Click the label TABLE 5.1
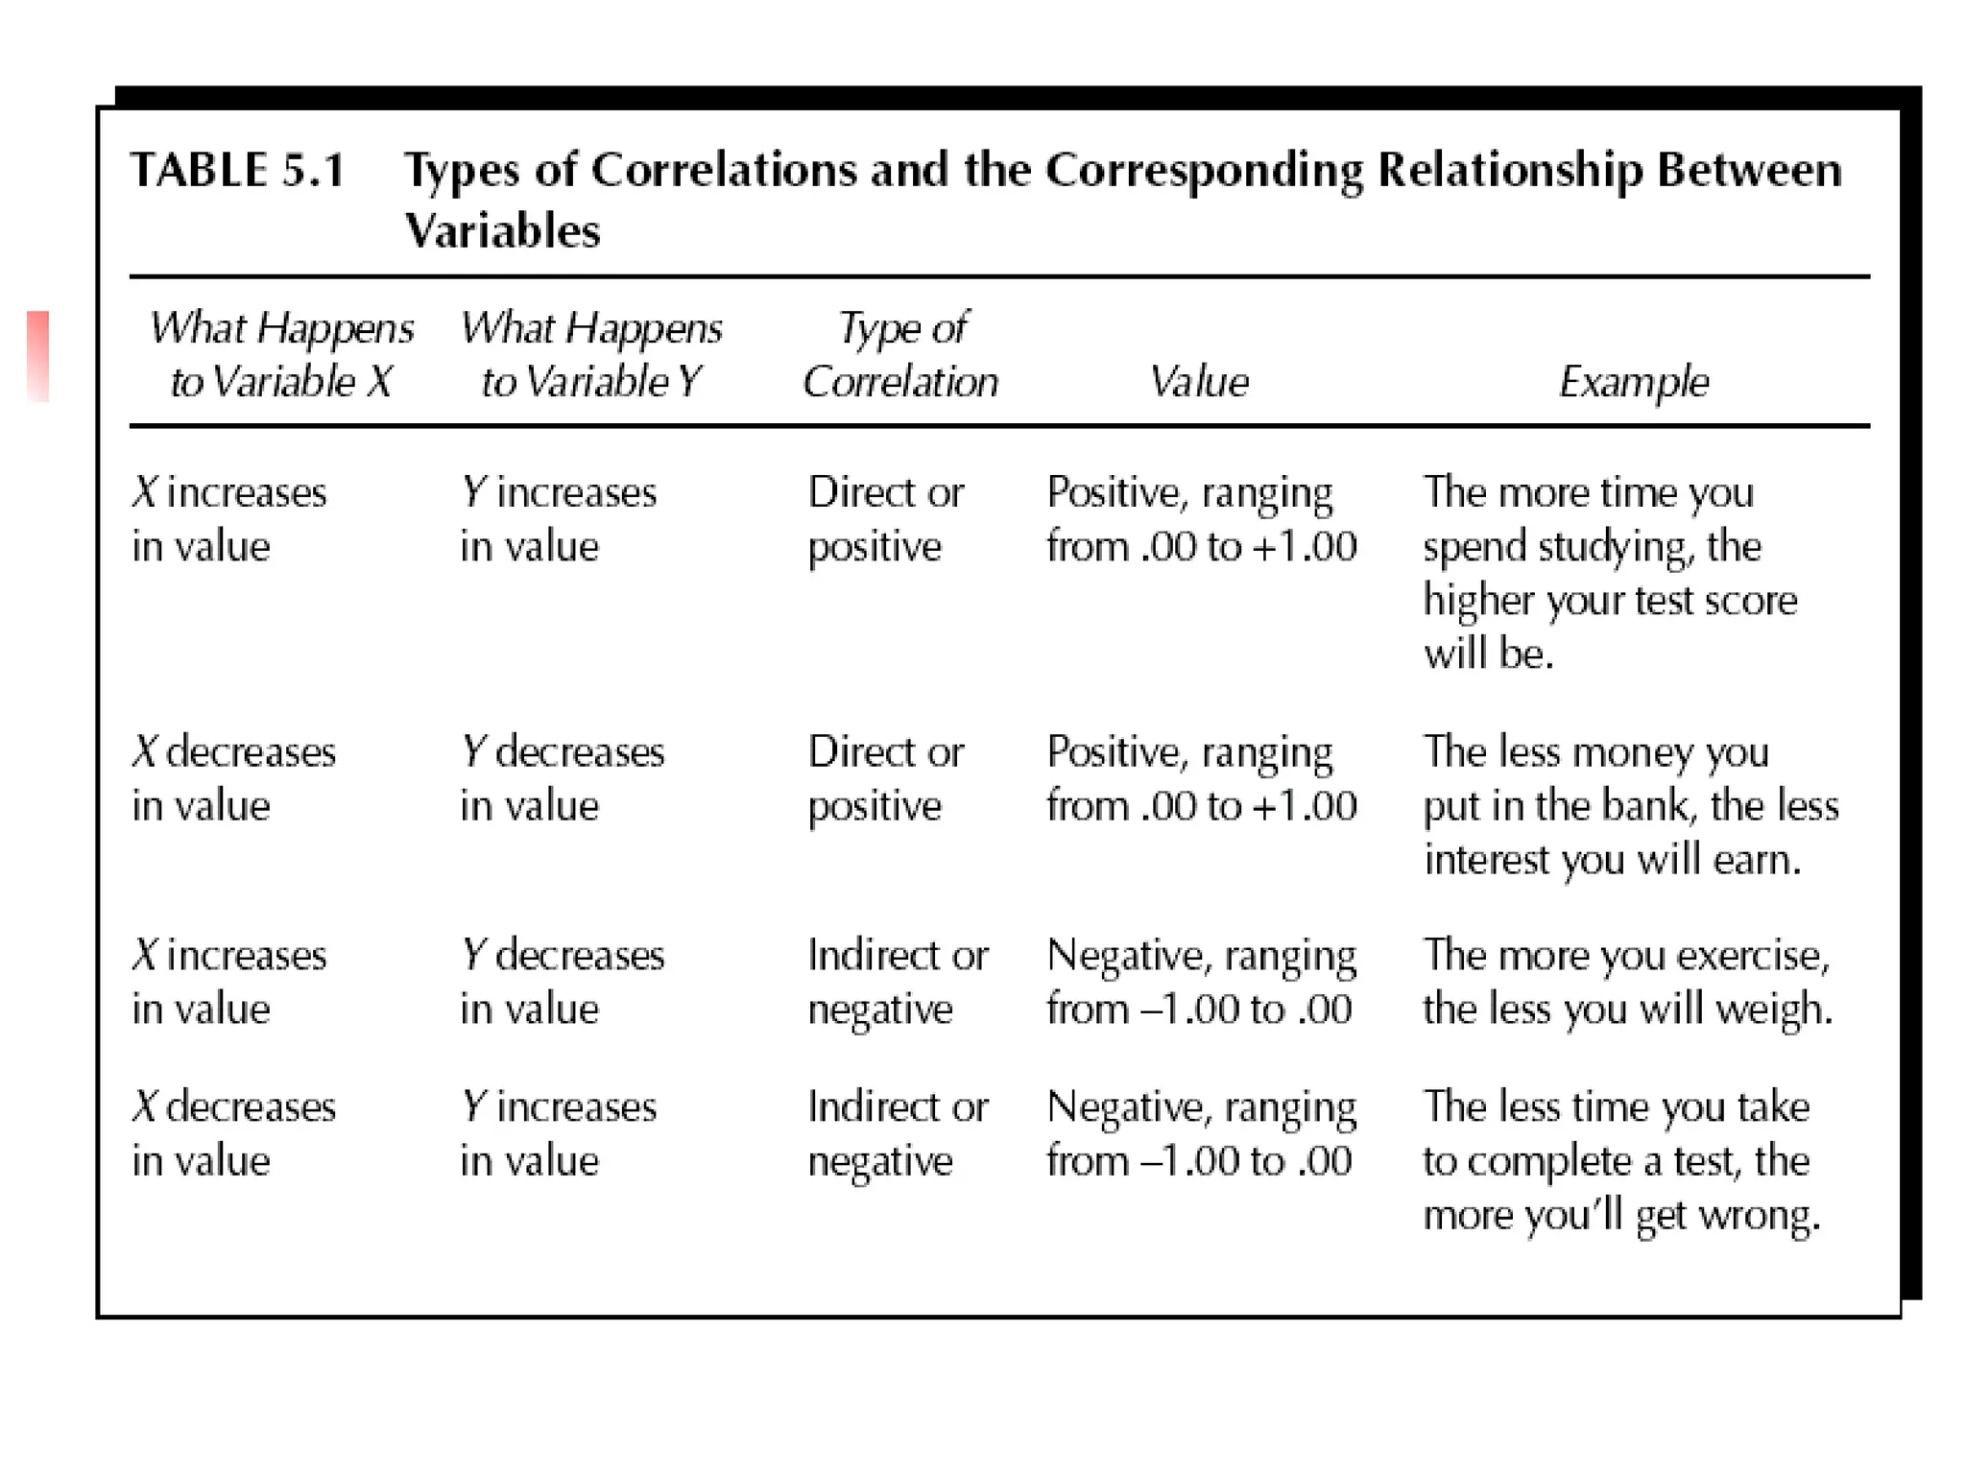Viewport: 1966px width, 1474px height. click(237, 171)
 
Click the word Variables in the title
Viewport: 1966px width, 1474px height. click(502, 231)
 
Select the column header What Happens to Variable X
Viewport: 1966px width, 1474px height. click(281, 354)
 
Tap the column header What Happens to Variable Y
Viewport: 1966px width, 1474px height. click(590, 354)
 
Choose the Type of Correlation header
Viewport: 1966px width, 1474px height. click(900, 354)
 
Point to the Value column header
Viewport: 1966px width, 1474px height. click(1199, 382)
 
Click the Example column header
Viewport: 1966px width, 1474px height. click(1634, 382)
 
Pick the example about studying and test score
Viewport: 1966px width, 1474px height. click(1610, 573)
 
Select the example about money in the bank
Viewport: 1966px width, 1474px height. click(1630, 805)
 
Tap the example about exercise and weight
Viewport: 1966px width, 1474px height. click(1627, 982)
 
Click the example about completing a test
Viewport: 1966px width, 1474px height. click(1620, 1160)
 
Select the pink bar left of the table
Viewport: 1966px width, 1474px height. click(37, 355)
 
